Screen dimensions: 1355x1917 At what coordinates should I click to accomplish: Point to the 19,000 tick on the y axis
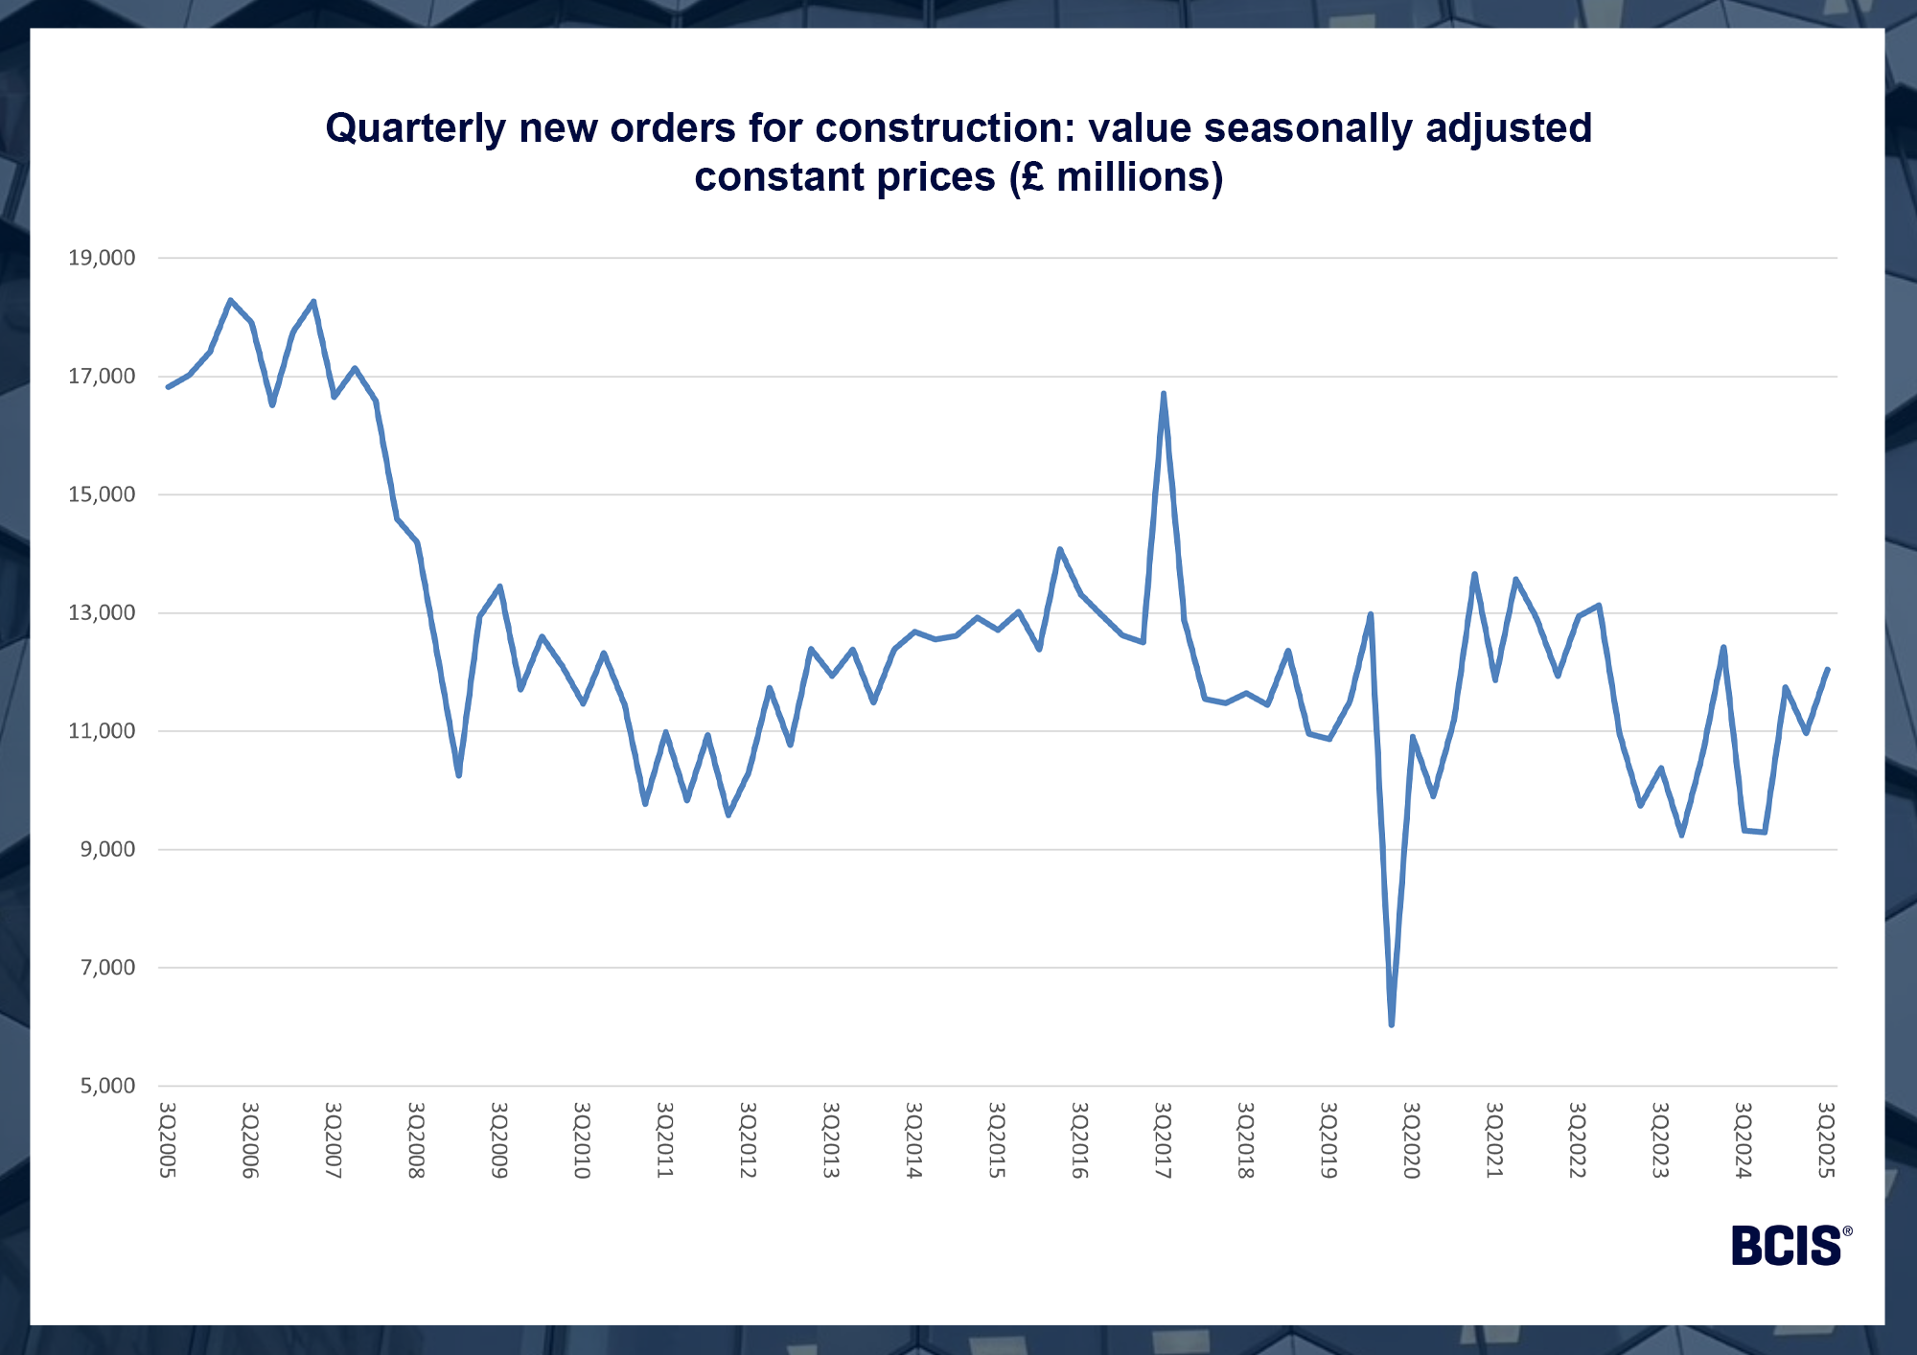point(102,258)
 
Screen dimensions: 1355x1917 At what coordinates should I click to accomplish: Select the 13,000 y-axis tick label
point(102,613)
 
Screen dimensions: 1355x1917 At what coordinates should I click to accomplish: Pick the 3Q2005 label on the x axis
point(167,1140)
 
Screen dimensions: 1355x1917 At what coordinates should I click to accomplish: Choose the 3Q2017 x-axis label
point(1163,1140)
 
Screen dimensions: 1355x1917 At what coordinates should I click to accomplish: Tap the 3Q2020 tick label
point(1411,1140)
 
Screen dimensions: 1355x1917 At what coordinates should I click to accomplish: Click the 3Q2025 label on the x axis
point(1826,1140)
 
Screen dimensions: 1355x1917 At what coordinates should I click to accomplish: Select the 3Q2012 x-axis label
point(748,1140)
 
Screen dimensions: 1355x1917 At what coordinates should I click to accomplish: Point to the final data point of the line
point(1828,670)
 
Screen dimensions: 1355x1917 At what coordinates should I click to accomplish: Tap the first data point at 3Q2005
point(168,387)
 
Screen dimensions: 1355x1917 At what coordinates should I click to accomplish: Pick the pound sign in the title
point(1032,178)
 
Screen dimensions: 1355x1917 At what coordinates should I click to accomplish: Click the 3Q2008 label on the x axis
point(416,1140)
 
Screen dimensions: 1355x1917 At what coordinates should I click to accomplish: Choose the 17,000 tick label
point(102,377)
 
